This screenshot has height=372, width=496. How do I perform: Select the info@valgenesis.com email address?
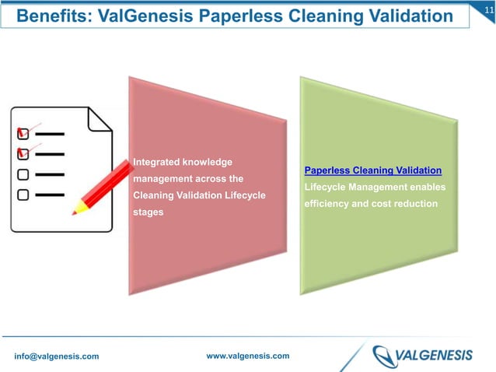(x=56, y=356)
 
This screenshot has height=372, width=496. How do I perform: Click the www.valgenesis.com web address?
(x=248, y=356)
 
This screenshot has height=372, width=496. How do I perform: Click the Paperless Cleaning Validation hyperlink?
(x=373, y=170)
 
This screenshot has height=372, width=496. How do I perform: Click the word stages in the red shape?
(x=148, y=212)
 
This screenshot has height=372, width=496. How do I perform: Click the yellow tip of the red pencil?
(x=78, y=209)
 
